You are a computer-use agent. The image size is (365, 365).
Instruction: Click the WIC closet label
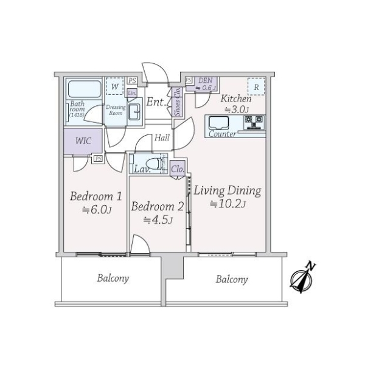(x=83, y=141)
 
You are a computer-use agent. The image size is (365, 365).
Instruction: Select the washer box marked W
(x=114, y=86)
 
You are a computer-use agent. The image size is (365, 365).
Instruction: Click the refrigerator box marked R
(x=257, y=87)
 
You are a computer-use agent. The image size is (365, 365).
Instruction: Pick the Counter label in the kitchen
(x=222, y=134)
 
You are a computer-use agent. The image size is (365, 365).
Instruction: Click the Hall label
(x=162, y=138)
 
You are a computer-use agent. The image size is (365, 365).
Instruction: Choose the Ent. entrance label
(x=157, y=102)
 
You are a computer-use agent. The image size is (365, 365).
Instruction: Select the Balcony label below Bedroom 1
(x=113, y=279)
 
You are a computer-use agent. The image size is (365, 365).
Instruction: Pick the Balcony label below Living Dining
(x=231, y=279)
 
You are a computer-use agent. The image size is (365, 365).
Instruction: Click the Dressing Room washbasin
(x=134, y=110)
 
